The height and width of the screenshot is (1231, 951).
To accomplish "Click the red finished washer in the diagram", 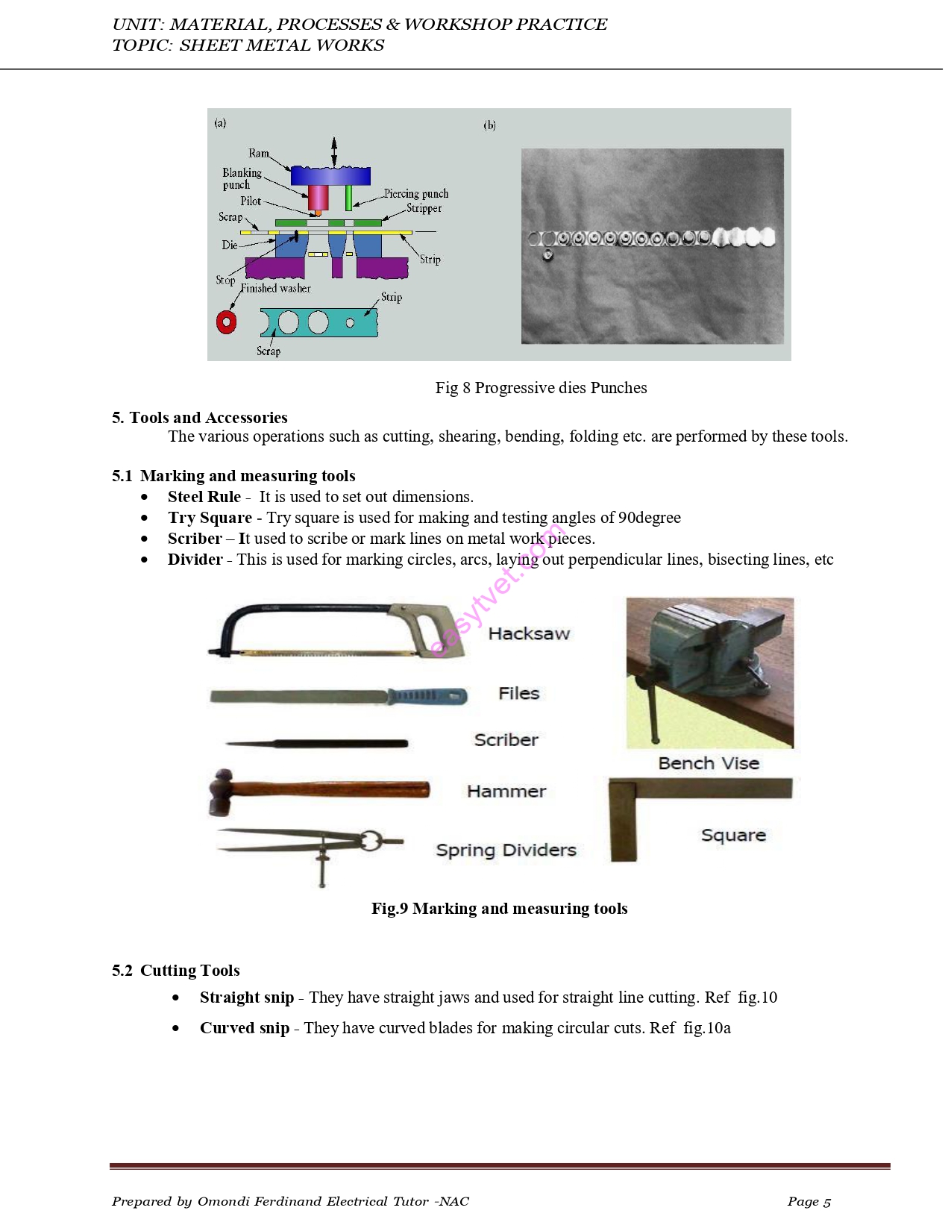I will point(226,322).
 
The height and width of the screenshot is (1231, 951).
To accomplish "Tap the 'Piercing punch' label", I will point(415,194).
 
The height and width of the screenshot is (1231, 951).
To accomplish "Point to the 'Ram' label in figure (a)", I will point(258,153).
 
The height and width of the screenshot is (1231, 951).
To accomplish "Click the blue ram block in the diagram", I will point(330,176).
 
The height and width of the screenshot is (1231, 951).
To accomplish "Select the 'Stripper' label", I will point(424,208).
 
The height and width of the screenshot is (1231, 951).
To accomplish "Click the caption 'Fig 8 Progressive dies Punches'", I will point(541,388).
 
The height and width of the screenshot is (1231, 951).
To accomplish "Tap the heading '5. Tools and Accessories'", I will point(199,418).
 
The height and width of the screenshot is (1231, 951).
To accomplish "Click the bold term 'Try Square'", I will point(210,518).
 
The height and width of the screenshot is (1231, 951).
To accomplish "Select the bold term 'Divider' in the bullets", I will point(195,560).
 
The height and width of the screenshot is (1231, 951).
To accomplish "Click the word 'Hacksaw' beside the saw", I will point(529,634).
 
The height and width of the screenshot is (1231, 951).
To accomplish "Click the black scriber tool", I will point(317,744).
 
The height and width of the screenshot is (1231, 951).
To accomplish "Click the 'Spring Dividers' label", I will point(506,851).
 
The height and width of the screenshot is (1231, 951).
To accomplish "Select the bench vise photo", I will point(709,672).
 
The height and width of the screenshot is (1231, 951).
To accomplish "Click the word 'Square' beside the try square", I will point(733,836).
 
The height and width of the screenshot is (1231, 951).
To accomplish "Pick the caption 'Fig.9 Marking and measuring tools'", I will point(499,909).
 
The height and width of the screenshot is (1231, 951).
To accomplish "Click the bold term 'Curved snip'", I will point(244,1028).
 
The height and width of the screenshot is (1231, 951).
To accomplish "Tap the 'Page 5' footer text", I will point(809,1201).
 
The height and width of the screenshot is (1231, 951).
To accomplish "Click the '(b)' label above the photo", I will point(489,125).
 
